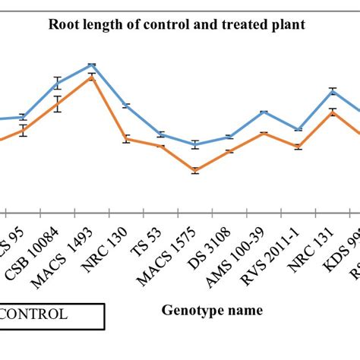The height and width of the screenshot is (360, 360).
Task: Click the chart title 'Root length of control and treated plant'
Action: [177, 24]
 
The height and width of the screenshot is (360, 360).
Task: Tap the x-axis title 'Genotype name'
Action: [212, 310]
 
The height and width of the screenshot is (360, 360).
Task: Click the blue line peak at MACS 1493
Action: [92, 65]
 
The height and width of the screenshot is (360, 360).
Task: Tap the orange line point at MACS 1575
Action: [195, 172]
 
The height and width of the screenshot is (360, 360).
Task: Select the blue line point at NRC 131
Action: [333, 90]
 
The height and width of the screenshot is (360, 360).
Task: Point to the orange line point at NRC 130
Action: [126, 140]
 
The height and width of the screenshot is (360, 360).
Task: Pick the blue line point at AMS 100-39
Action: [264, 112]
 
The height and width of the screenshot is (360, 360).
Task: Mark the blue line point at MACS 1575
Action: [195, 144]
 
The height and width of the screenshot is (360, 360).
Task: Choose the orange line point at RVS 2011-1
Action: [298, 147]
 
